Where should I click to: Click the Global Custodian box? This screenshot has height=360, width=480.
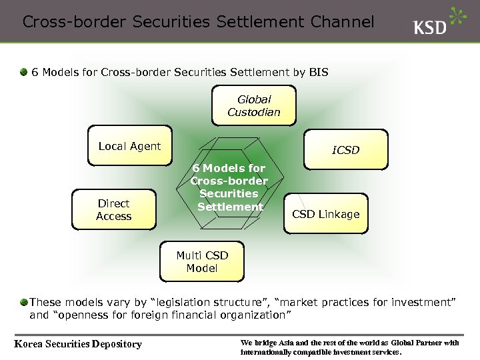click(254, 106)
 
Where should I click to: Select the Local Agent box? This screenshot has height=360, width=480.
click(129, 147)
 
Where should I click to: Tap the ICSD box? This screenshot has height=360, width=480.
click(345, 150)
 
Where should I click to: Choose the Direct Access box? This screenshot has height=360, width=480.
click(114, 210)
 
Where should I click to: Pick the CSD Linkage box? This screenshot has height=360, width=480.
click(325, 215)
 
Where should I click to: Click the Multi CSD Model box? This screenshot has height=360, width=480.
click(202, 262)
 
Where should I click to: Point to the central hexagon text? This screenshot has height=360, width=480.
click(229, 187)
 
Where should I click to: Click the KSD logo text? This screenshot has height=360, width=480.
click(430, 28)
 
